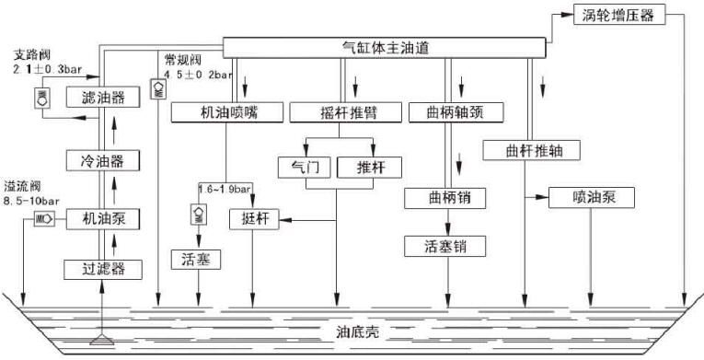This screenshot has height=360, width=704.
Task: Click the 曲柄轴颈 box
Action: pyautogui.click(x=450, y=112)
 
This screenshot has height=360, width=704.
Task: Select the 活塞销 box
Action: pyautogui.click(x=444, y=246)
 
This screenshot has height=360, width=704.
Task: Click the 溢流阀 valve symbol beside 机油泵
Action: pyautogui.click(x=44, y=219)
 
